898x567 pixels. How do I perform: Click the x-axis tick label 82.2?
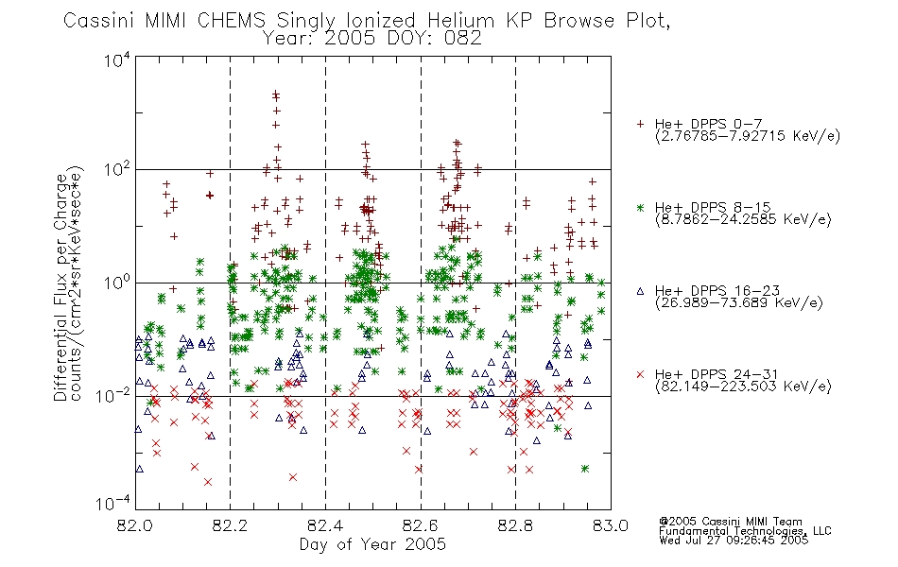pos(231,525)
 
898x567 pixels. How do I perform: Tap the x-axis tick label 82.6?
pos(421,525)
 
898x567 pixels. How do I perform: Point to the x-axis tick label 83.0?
pos(611,525)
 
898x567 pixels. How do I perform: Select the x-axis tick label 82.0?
pos(135,525)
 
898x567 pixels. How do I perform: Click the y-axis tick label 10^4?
pos(117,60)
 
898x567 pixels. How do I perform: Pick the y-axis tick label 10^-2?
pos(113,395)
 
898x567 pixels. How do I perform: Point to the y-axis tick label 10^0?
pos(117,283)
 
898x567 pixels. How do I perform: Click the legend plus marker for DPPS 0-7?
pos(640,124)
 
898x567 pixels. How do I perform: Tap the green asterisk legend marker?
pos(640,207)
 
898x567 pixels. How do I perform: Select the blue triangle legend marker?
pos(640,291)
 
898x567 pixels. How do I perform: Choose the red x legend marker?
pos(640,374)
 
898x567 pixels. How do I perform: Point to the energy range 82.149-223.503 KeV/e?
pos(743,387)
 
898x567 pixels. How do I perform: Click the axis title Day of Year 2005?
pos(372,544)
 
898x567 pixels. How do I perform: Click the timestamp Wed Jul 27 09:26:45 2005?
pos(734,541)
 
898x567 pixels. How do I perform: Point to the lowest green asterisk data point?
pos(585,469)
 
